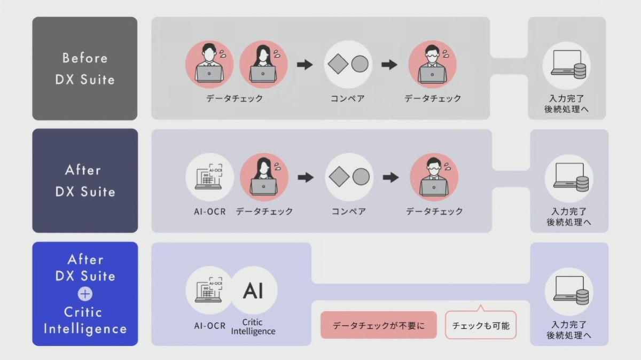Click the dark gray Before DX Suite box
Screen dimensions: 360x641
pos(84,68)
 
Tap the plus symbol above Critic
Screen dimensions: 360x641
pos(85,294)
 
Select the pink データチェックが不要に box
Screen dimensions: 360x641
pos(378,325)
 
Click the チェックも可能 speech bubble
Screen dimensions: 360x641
pos(481,325)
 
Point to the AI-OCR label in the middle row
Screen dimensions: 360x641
pos(209,212)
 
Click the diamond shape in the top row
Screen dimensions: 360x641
pos(338,64)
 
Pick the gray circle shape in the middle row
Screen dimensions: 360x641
pos(361,177)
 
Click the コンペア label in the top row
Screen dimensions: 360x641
pos(347,99)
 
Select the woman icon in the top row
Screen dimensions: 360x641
pos(263,64)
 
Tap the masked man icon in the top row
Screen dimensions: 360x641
pos(432,64)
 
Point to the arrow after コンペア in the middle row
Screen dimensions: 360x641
pos(391,177)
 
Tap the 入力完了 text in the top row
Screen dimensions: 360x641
pos(566,99)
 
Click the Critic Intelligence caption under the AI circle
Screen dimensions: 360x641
pos(253,327)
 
